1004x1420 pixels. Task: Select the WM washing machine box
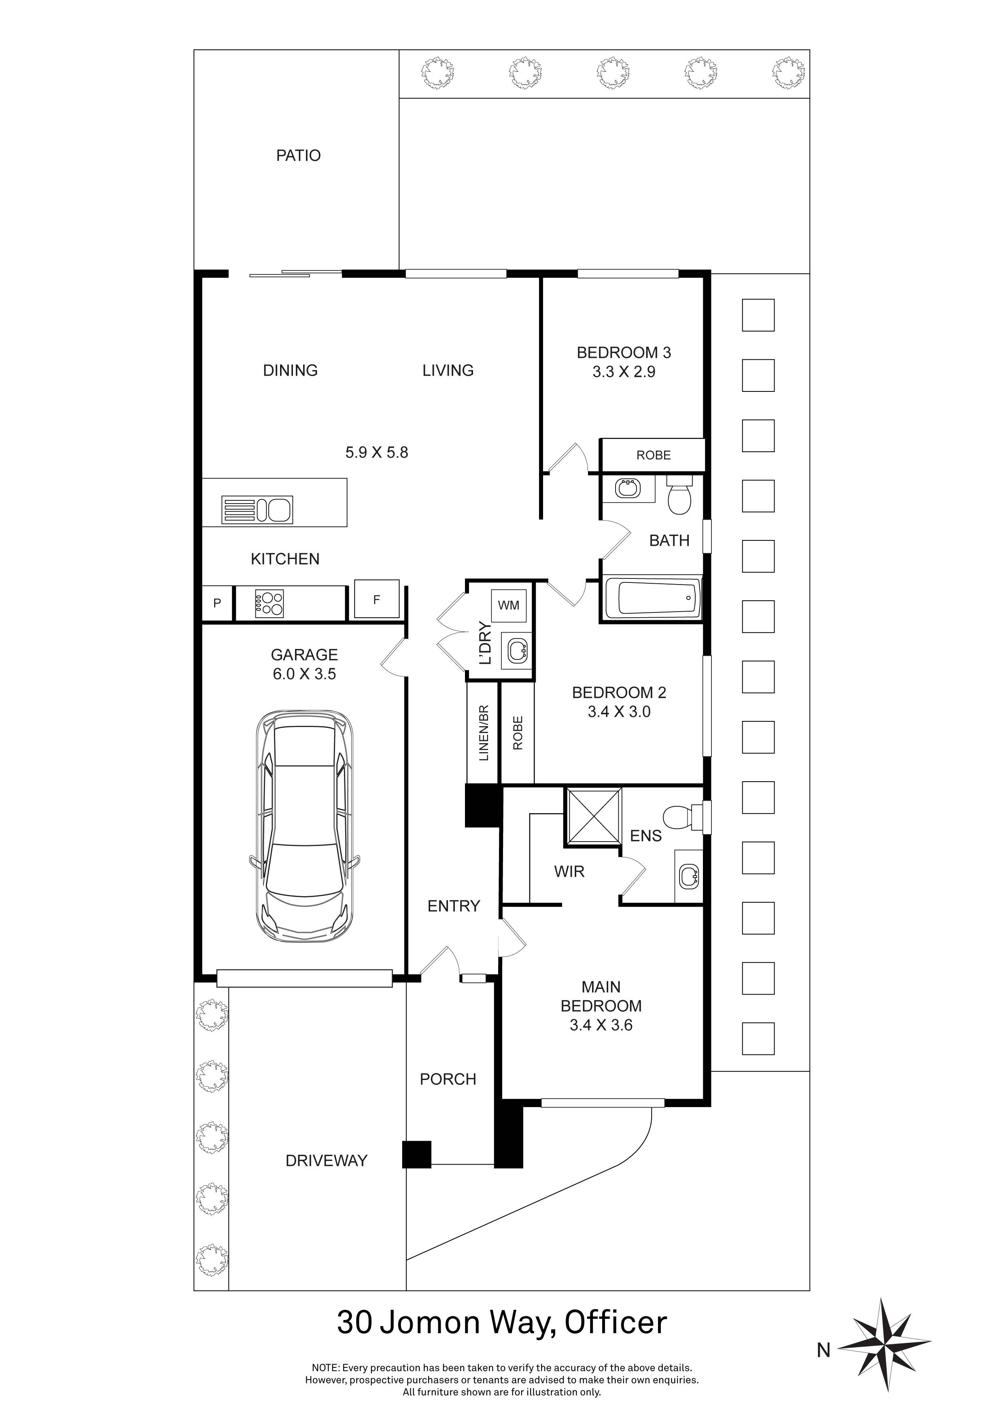tap(509, 605)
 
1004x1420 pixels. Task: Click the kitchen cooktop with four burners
tap(269, 603)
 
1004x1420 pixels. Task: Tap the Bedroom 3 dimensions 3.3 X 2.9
tap(624, 372)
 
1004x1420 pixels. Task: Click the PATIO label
tap(299, 155)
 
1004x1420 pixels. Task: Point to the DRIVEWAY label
tap(327, 1160)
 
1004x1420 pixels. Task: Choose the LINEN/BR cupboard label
tap(484, 733)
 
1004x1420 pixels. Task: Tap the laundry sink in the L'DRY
tap(517, 649)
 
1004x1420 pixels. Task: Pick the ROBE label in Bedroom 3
tap(654, 455)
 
